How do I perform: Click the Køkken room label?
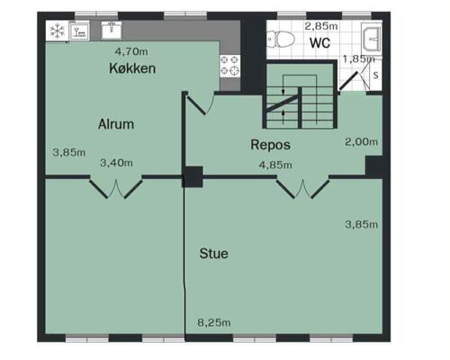[132, 68]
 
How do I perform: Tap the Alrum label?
[116, 124]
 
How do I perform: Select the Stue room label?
[214, 254]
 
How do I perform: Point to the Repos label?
[270, 145]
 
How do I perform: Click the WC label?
[320, 43]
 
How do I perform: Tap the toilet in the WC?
[281, 39]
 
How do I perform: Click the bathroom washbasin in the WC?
[372, 38]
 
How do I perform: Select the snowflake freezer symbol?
[57, 31]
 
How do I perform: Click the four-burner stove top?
[230, 66]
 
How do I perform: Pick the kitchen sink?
[112, 30]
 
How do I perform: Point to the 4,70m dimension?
[131, 51]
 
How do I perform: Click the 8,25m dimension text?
[214, 323]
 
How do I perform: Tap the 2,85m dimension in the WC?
[321, 26]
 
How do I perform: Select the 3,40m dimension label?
[116, 163]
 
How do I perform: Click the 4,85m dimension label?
[275, 165]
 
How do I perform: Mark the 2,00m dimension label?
[361, 141]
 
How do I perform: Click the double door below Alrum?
[116, 188]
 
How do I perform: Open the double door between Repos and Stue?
[302, 188]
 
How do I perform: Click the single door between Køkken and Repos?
[199, 103]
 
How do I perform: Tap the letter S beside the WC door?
[375, 75]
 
